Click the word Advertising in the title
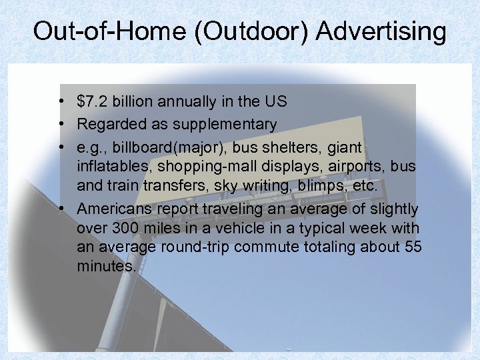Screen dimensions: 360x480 381,31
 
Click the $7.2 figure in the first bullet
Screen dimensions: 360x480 93,102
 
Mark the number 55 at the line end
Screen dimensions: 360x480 413,247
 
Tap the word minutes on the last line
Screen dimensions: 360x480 107,267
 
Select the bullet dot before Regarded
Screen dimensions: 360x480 61,124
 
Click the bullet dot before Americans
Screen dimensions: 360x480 61,209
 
